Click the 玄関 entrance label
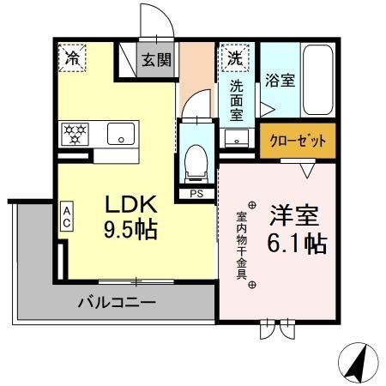pos(155,60)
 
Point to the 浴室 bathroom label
pos(280,81)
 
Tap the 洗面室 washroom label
pos(237,99)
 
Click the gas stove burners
pos(74,134)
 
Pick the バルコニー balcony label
pos(117,302)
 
